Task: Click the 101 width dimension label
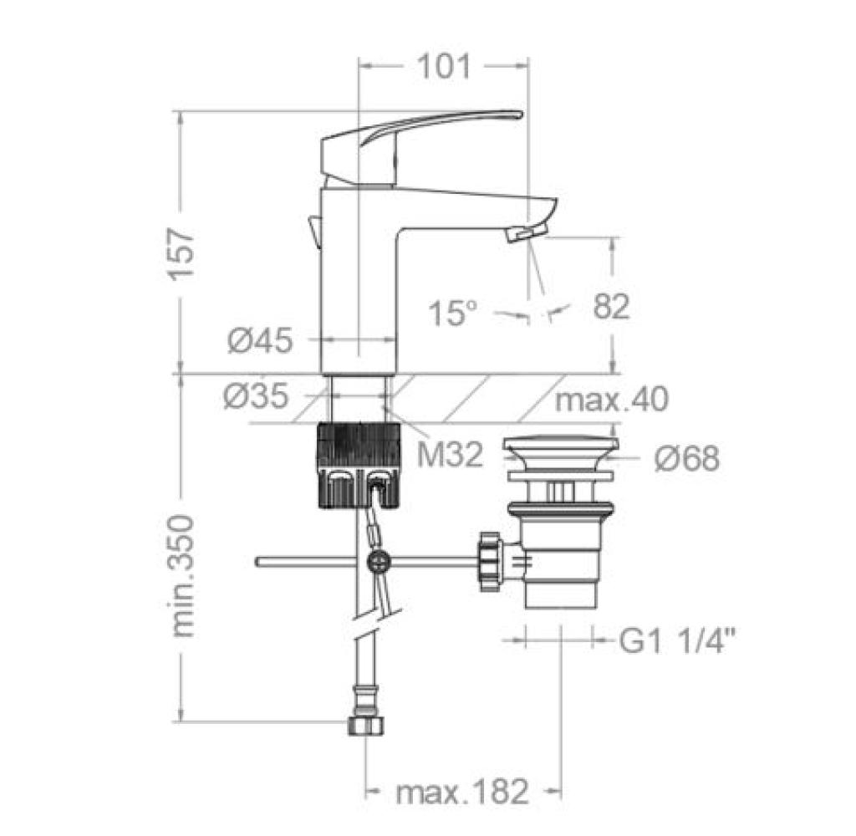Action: click(443, 67)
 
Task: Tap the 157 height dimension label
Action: click(181, 254)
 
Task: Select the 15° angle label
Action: click(452, 313)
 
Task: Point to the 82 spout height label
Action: click(611, 306)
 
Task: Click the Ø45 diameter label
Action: click(261, 341)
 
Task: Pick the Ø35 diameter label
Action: click(256, 396)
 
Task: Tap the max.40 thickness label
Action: click(611, 399)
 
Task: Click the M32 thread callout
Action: click(451, 454)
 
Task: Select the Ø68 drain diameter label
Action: click(687, 458)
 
